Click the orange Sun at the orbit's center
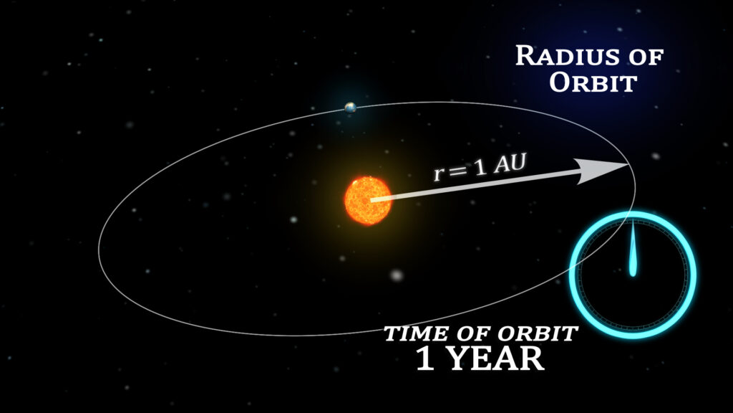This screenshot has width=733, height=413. [x=368, y=201]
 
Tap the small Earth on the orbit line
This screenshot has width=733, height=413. [x=350, y=108]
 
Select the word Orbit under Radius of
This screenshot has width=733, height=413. [x=593, y=82]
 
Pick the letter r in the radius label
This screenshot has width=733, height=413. [x=439, y=175]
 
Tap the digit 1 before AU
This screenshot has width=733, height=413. [x=480, y=168]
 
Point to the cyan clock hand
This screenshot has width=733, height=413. [x=633, y=248]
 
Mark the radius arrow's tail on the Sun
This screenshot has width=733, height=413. [x=372, y=200]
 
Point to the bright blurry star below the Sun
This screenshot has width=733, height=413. [x=397, y=275]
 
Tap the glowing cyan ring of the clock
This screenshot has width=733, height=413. [x=633, y=214]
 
